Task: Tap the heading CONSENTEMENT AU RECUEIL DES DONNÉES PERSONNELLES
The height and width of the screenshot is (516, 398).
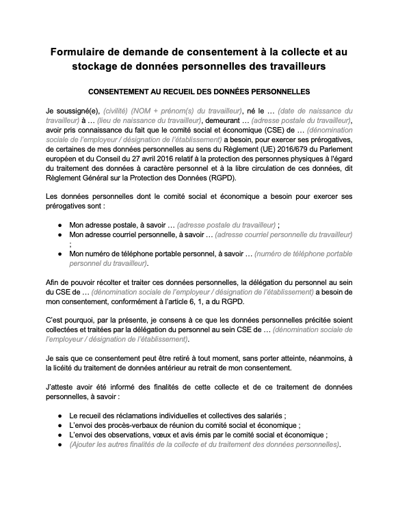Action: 199,91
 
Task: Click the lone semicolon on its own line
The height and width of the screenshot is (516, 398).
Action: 70,243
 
